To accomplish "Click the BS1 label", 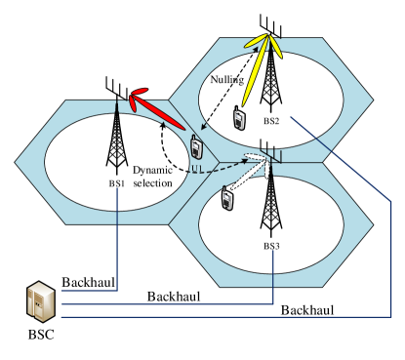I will [x=117, y=182].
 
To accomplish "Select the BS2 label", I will [x=270, y=121].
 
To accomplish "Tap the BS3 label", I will [x=270, y=247].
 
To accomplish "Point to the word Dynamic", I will [x=152, y=169].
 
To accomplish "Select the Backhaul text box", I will [x=174, y=296].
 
